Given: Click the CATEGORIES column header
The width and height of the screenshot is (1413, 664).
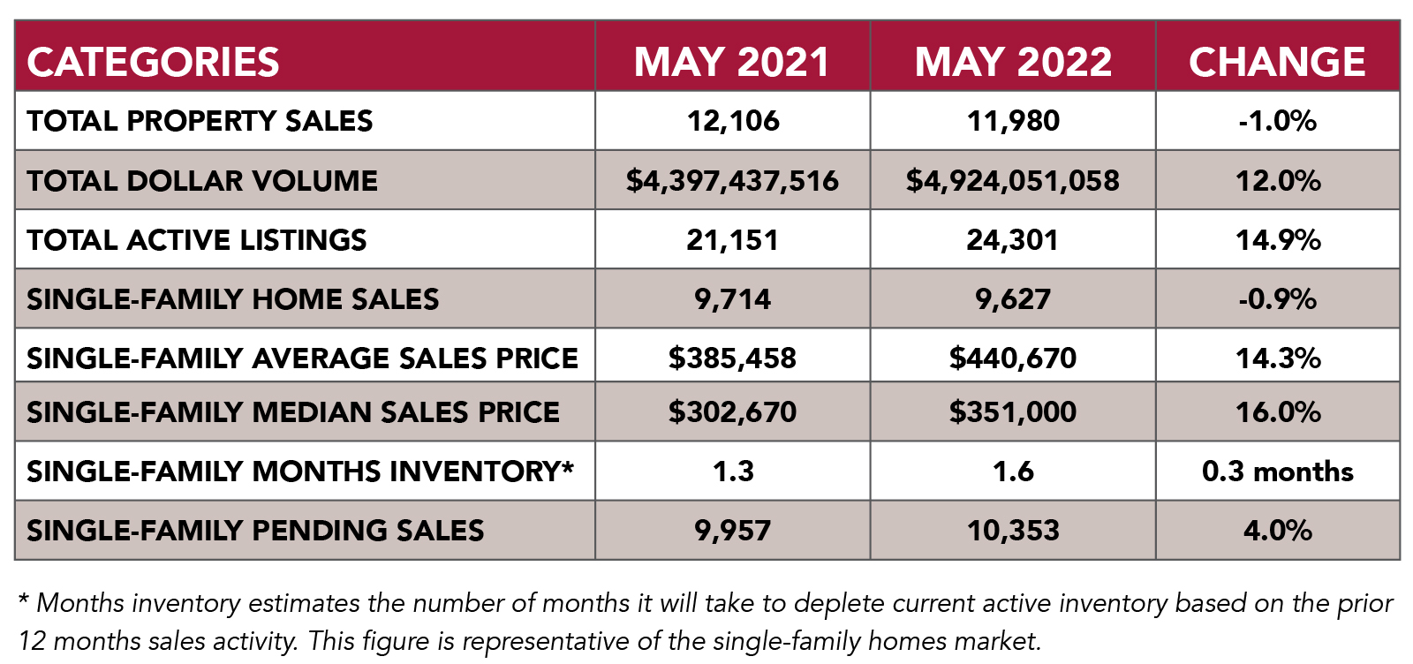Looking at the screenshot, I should pyautogui.click(x=153, y=62).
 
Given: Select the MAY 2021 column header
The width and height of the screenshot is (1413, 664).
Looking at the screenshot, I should pyautogui.click(x=732, y=62).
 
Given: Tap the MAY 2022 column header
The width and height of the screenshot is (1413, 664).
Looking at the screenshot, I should pyautogui.click(x=1013, y=62).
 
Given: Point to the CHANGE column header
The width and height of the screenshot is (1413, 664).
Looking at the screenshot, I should pyautogui.click(x=1277, y=62).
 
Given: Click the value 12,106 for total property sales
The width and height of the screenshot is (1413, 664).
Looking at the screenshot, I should pyautogui.click(x=733, y=121).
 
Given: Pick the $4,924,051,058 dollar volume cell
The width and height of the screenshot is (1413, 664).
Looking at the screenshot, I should pyautogui.click(x=1013, y=181).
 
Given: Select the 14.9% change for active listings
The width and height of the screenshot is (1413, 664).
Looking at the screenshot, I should pyautogui.click(x=1278, y=240).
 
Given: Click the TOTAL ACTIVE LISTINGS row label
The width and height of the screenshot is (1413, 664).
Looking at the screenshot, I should pyautogui.click(x=196, y=240).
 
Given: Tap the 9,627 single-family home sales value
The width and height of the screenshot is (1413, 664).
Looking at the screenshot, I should pyautogui.click(x=1013, y=299).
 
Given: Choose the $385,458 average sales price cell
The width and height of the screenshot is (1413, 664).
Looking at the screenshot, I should pyautogui.click(x=733, y=358).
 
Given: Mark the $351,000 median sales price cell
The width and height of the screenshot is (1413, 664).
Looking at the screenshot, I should pyautogui.click(x=1013, y=411).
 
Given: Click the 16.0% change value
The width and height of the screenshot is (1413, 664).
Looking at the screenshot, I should pyautogui.click(x=1278, y=411).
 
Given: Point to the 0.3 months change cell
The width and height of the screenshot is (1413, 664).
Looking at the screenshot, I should pyautogui.click(x=1278, y=472).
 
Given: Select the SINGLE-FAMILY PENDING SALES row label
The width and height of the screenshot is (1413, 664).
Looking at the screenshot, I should pyautogui.click(x=255, y=531).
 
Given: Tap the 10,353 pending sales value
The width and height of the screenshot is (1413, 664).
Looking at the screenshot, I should pyautogui.click(x=1013, y=531).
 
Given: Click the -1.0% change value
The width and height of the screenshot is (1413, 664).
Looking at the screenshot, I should pyautogui.click(x=1278, y=121).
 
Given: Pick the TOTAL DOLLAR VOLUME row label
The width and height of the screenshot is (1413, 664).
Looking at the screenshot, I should pyautogui.click(x=202, y=181).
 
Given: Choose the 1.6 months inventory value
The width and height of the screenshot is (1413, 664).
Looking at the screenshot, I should pyautogui.click(x=1013, y=472).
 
